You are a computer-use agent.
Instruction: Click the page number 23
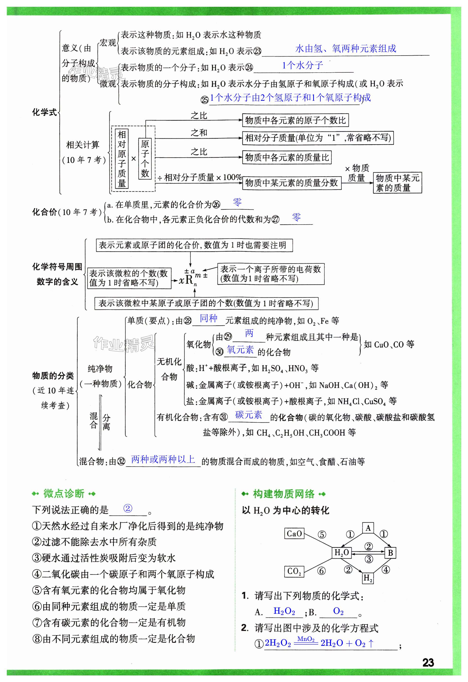click(428, 662)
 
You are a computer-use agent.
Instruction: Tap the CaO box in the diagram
click(294, 533)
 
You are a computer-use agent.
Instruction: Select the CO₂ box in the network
click(294, 571)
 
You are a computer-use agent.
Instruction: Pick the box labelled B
click(390, 553)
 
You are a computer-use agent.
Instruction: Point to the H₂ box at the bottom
click(368, 578)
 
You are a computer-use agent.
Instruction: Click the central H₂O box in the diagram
click(342, 553)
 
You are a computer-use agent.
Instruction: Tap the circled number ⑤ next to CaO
click(322, 534)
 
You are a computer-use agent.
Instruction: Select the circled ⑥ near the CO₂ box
click(322, 571)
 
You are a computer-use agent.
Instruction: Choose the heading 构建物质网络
click(284, 494)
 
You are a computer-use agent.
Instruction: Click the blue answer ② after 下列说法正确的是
click(128, 509)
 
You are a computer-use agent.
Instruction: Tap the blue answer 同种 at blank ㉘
click(208, 318)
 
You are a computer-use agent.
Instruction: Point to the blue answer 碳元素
click(249, 415)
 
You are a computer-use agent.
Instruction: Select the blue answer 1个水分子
click(302, 66)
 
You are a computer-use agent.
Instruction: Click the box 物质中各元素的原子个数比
click(295, 120)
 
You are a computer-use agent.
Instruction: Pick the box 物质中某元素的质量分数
click(292, 183)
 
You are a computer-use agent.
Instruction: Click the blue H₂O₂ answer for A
click(284, 611)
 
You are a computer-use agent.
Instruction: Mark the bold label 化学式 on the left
click(44, 112)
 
